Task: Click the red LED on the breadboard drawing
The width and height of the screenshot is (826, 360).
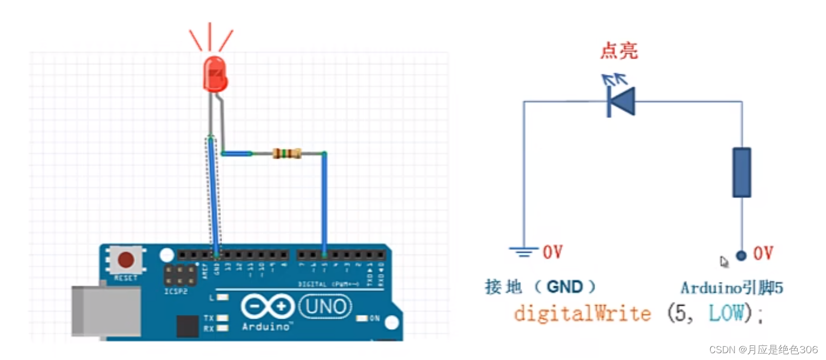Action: [x=215, y=75]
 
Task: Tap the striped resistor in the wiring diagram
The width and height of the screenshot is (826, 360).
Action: [x=287, y=153]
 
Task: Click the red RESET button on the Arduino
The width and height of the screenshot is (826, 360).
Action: [x=126, y=260]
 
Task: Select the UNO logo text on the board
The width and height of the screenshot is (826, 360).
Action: [x=325, y=307]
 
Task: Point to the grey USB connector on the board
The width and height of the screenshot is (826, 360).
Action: [x=106, y=311]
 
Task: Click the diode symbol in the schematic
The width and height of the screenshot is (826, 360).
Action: [x=621, y=101]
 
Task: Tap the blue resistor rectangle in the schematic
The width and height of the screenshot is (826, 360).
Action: [x=741, y=173]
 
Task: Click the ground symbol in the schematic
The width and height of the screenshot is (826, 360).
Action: [x=523, y=252]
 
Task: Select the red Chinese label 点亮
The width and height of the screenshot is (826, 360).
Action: [x=619, y=51]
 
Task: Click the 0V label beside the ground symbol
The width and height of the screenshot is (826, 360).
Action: [x=553, y=252]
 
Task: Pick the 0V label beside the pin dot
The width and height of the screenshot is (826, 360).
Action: [x=763, y=254]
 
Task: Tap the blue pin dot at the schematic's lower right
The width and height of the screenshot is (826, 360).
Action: [x=741, y=255]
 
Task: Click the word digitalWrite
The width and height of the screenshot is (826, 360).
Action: [x=582, y=313]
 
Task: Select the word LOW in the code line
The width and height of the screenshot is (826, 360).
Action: [x=726, y=313]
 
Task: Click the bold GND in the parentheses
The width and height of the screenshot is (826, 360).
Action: [x=564, y=287]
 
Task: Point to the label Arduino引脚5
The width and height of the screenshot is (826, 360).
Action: [x=732, y=288]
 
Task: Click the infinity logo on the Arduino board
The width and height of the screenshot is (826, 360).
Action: [x=267, y=307]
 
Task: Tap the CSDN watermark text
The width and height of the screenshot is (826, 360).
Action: [x=763, y=350]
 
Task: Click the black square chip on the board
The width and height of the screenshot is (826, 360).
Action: [x=187, y=327]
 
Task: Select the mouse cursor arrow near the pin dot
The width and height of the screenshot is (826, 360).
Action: [x=724, y=262]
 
